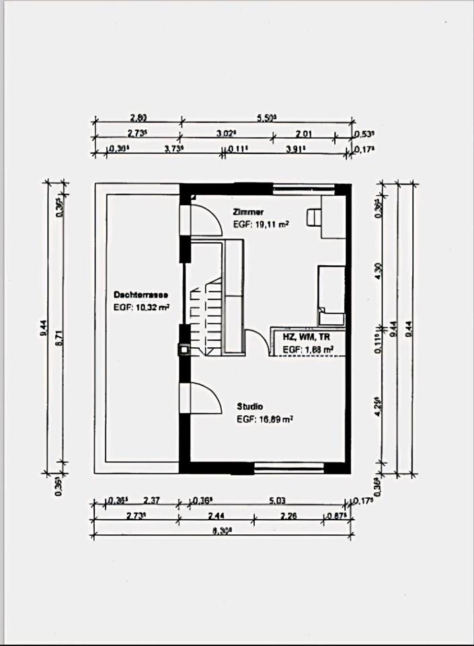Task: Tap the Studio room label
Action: [x=249, y=406]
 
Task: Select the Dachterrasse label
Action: [x=141, y=295]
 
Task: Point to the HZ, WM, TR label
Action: [x=307, y=336]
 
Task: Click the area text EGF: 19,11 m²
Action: [x=261, y=225]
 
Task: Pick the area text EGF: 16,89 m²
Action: [x=264, y=419]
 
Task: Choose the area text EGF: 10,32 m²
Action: [x=141, y=308]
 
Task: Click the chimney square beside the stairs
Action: [x=184, y=349]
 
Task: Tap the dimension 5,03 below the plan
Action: [x=277, y=501]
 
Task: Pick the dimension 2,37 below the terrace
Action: [x=152, y=501]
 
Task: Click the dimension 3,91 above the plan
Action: [x=294, y=149]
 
